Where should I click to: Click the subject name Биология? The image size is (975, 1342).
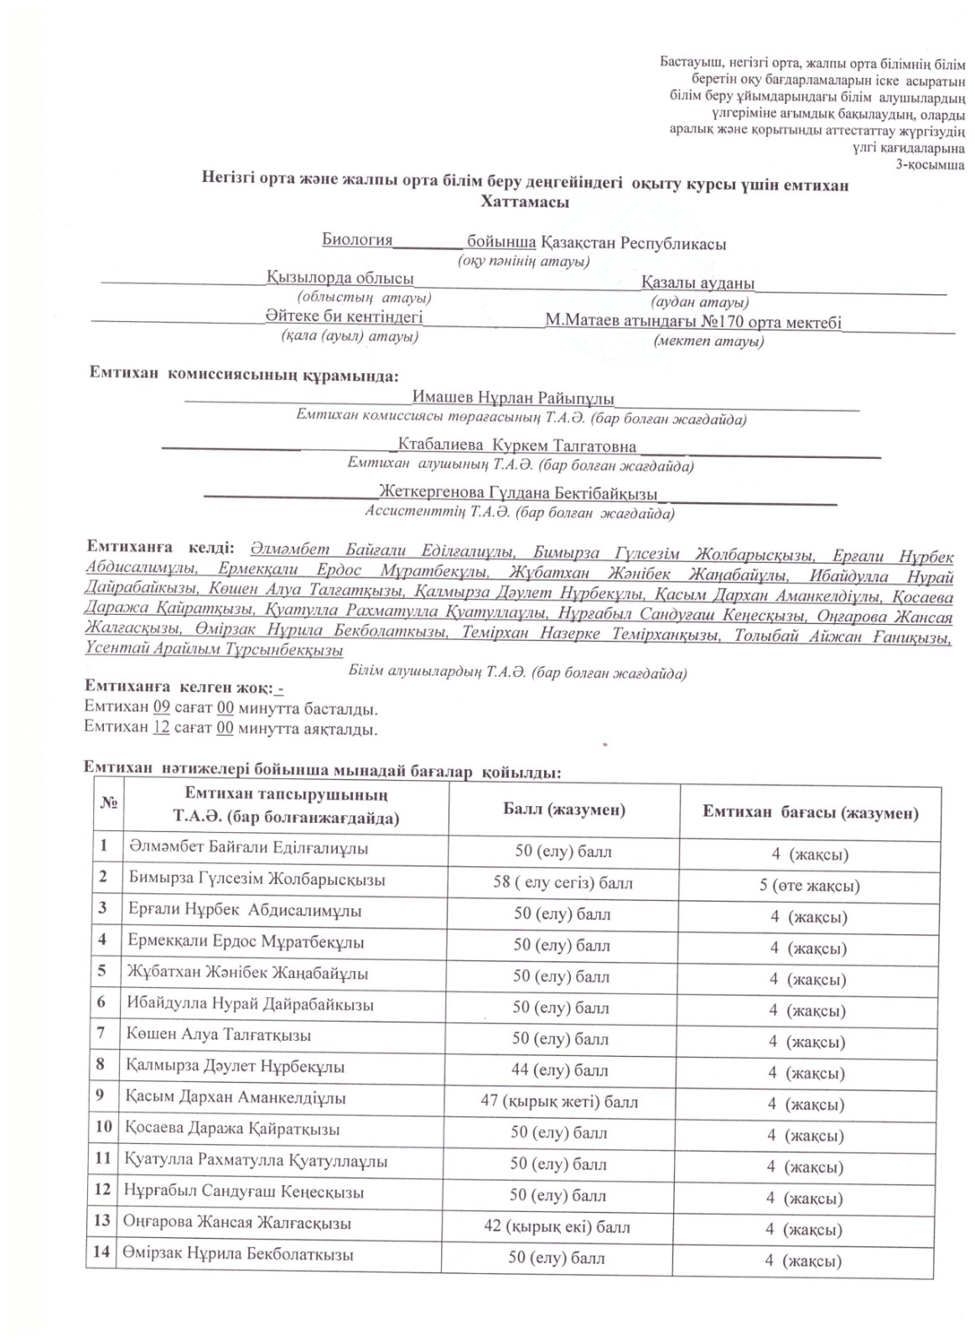357,240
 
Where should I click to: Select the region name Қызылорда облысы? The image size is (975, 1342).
340,278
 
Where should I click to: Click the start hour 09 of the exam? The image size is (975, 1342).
162,707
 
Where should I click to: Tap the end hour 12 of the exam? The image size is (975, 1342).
162,727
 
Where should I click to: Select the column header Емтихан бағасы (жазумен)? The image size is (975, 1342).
810,812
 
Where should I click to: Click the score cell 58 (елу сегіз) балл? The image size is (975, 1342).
563,882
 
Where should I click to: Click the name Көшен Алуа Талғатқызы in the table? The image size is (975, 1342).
219,1035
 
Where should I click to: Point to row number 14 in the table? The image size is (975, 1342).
102,1254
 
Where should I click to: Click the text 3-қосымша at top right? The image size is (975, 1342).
931,164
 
